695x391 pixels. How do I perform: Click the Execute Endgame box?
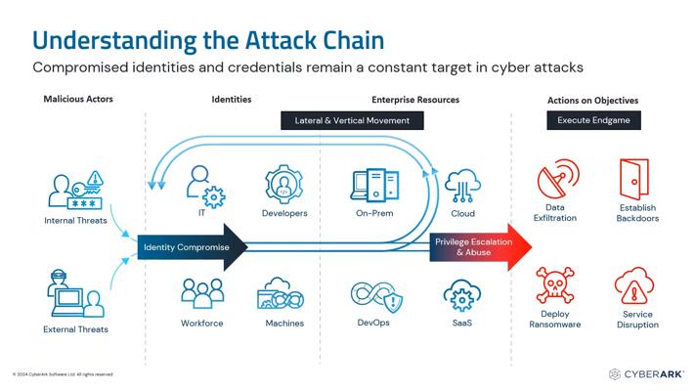pyautogui.click(x=593, y=120)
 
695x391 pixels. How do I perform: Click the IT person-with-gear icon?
pyautogui.click(x=202, y=184)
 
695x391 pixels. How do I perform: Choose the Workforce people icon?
pyautogui.click(x=202, y=295)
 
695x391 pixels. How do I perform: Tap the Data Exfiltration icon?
pyautogui.click(x=554, y=181)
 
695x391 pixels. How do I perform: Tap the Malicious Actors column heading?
pyautogui.click(x=77, y=100)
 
